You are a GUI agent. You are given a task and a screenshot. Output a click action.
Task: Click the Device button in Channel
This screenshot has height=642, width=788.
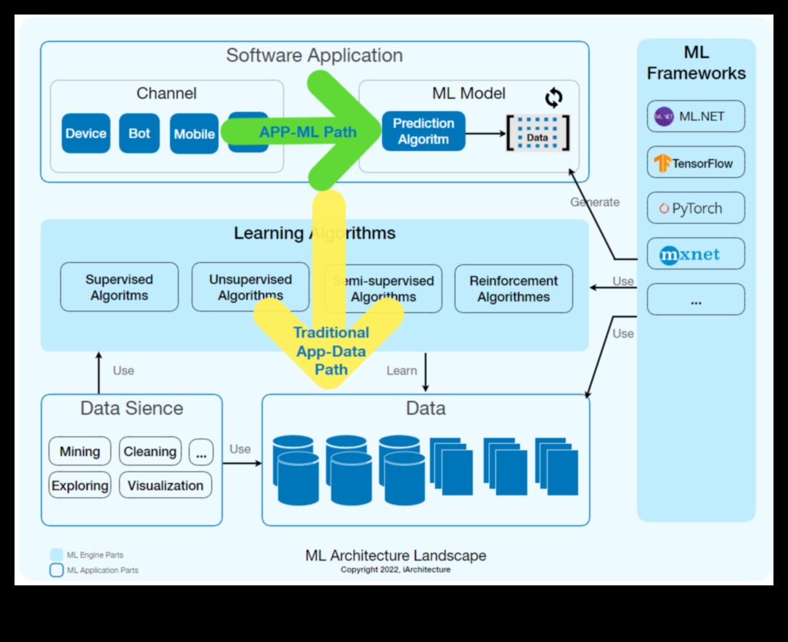tap(86, 134)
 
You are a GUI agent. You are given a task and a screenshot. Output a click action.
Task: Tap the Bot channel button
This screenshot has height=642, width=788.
tap(139, 134)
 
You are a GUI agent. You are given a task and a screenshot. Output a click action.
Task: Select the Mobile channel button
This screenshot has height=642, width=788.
tap(194, 134)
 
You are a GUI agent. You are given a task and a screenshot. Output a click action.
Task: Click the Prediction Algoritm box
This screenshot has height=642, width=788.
tap(423, 131)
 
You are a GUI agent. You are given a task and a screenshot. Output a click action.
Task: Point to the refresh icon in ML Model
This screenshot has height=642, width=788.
tap(554, 97)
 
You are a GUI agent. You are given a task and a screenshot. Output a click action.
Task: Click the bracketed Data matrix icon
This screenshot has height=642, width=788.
tap(537, 133)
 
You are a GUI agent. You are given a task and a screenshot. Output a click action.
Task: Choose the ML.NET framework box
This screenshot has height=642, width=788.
tap(696, 116)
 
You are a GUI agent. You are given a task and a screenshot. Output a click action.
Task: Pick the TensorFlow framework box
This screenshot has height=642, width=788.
tap(696, 163)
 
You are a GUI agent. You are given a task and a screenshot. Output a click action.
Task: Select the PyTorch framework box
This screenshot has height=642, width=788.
tap(696, 208)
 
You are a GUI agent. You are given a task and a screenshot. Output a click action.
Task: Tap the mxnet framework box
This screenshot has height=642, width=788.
tap(696, 254)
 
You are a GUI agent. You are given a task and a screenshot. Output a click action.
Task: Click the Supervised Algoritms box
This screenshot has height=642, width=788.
tap(119, 288)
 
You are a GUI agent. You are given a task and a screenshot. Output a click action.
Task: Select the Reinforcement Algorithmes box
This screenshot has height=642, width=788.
tap(513, 288)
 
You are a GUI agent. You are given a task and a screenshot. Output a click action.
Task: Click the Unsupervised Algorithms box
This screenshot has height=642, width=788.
tap(250, 288)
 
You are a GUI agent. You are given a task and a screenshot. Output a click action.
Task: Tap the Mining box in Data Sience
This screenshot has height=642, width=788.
tap(80, 452)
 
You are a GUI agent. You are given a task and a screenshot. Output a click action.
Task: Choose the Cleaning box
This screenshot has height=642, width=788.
tap(150, 452)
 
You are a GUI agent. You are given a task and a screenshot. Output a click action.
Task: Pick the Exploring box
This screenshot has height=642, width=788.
tap(80, 486)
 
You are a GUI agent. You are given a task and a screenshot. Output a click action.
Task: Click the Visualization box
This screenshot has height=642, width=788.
tap(166, 486)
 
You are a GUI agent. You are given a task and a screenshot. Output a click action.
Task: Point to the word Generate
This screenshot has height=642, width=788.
tap(595, 203)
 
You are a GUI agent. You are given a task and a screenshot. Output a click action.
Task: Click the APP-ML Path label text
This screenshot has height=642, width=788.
tap(308, 132)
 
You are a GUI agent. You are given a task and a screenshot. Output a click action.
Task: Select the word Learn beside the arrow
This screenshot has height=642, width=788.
tap(402, 371)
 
